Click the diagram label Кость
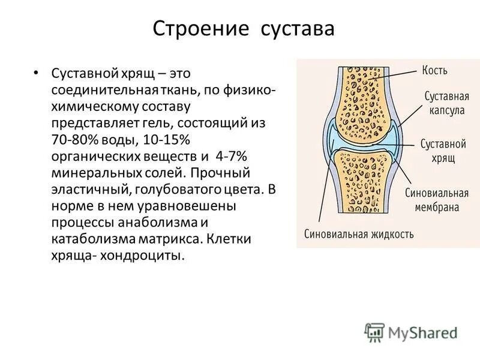pyautogui.click(x=435, y=71)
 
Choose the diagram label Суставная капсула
pyautogui.click(x=446, y=103)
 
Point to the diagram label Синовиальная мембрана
pyautogui.click(x=436, y=200)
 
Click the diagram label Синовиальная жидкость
pyautogui.click(x=359, y=234)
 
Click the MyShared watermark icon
pyautogui.click(x=374, y=332)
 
